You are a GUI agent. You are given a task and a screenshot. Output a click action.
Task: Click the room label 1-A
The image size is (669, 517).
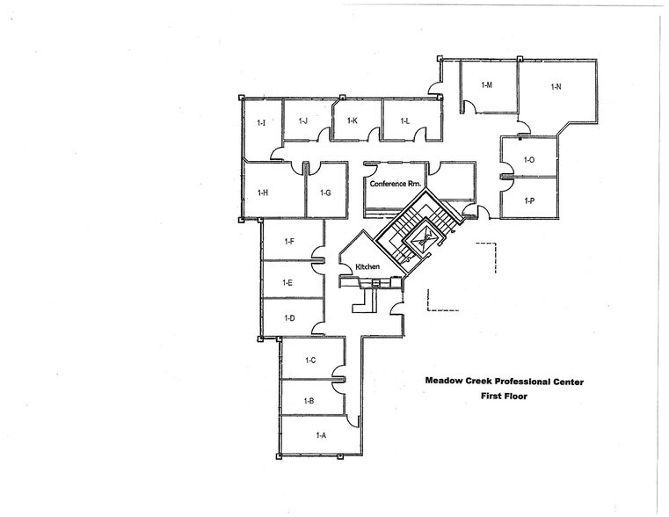click(320, 435)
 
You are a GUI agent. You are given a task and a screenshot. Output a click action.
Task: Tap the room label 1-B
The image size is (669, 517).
click(309, 401)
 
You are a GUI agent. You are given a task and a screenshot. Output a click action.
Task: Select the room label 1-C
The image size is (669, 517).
click(310, 360)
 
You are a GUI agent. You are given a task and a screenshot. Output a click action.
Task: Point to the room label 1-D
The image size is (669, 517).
click(287, 317)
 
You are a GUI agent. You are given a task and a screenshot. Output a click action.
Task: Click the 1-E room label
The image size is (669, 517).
click(287, 282)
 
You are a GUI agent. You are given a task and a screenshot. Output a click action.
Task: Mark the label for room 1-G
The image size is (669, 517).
click(325, 193)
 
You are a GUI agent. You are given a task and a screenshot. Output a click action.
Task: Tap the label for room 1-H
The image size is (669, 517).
click(262, 193)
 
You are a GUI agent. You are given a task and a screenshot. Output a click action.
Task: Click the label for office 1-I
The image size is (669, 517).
click(261, 123)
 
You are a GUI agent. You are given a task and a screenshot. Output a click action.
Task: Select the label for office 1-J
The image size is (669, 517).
click(303, 120)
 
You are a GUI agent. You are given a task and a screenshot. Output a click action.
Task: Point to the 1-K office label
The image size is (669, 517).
click(352, 120)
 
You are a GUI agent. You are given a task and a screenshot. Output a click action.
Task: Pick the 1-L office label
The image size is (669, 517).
click(405, 120)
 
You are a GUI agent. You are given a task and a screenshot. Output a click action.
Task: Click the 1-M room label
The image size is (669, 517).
click(486, 84)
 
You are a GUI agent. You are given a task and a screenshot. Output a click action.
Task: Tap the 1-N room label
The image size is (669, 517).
click(556, 86)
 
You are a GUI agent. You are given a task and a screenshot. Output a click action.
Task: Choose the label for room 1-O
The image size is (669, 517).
click(529, 159)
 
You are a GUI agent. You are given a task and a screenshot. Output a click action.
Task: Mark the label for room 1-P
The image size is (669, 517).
click(529, 200)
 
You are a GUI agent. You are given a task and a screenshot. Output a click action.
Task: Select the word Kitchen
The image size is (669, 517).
click(367, 266)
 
